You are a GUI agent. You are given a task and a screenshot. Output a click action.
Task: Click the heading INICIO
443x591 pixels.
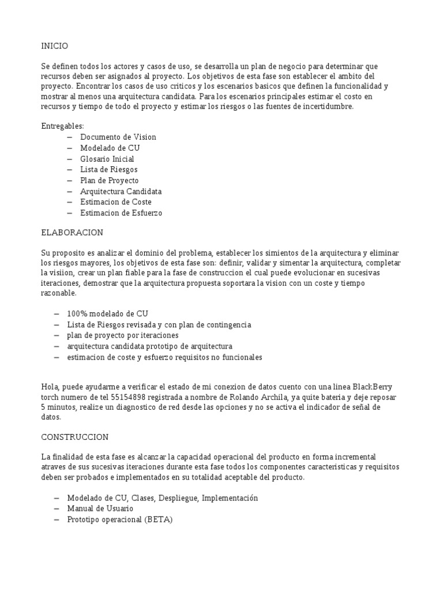pos(55,46)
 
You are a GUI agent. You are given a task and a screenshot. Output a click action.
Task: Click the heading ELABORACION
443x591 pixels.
pos(72,233)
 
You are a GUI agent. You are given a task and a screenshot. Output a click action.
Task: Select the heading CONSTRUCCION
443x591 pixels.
pos(75,437)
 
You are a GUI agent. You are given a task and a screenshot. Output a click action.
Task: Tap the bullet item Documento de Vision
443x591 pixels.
pos(118,137)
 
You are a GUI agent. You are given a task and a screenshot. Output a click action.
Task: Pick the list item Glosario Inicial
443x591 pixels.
pos(107,159)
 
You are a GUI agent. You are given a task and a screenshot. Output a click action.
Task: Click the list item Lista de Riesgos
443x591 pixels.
pos(108,170)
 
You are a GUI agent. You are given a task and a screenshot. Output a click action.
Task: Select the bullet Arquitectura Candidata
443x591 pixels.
pos(121,191)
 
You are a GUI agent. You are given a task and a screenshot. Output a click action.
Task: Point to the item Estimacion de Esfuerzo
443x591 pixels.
pos(121,213)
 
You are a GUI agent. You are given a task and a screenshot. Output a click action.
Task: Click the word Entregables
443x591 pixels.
pos(62,126)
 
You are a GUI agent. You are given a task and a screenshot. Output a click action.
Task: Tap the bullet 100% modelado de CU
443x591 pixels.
pos(107,313)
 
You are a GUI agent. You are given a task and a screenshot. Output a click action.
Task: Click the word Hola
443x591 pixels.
pos(50,387)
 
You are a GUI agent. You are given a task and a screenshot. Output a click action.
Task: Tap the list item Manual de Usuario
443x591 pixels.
pos(100,508)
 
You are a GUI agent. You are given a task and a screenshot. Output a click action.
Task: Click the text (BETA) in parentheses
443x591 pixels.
pos(159,519)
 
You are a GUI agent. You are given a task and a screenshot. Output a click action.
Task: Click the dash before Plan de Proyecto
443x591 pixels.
pos(70,181)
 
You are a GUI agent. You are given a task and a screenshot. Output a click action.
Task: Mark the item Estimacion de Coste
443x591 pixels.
pos(116,202)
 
